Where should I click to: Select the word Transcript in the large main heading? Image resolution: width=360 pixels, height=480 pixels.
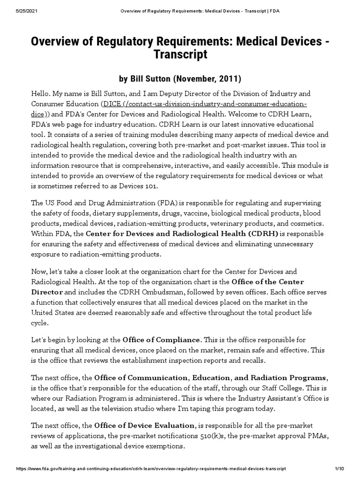[x=180, y=54]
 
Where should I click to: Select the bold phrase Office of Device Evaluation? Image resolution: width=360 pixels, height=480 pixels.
[x=144, y=425]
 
